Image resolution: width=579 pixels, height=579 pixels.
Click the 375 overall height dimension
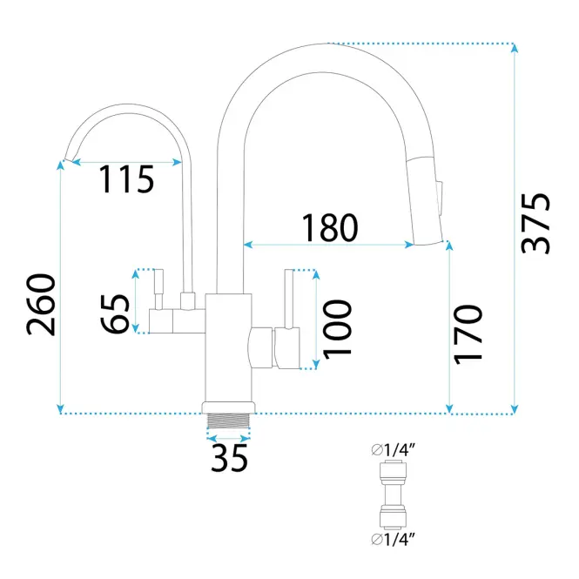(535, 224)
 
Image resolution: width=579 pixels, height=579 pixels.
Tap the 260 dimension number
(41, 305)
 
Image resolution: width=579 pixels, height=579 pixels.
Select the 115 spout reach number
(126, 179)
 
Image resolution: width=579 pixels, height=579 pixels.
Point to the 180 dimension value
(330, 227)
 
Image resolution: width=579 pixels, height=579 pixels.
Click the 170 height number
(468, 334)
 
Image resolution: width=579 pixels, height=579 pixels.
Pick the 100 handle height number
(337, 329)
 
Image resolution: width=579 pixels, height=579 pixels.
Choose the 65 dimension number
(115, 313)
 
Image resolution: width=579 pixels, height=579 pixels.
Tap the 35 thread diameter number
(229, 458)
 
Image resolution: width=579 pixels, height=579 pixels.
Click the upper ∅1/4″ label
(394, 450)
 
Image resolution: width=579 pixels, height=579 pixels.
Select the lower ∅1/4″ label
(394, 540)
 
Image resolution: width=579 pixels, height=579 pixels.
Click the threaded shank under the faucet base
(229, 421)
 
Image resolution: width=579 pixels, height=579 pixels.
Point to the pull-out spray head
(426, 200)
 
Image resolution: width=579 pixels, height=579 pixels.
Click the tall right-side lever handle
(289, 299)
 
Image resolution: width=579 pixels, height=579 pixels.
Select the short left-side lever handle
(158, 289)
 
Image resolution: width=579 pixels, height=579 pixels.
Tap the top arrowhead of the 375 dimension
(515, 48)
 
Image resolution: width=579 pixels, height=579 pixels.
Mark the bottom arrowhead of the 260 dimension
(60, 409)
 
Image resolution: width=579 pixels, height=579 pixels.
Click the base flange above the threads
(229, 407)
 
